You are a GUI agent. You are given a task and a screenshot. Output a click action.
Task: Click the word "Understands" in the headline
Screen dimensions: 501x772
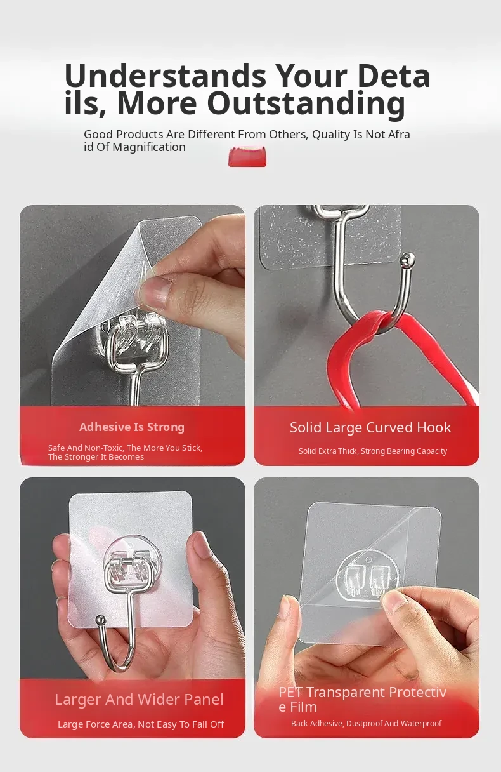pos(166,76)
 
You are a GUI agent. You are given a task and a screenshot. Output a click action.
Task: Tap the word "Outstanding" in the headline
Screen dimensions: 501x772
pos(306,104)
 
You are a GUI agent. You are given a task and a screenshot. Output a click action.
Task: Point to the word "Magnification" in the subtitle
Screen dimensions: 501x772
pos(149,147)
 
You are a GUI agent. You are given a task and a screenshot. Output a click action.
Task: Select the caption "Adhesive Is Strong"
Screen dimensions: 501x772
pos(132,427)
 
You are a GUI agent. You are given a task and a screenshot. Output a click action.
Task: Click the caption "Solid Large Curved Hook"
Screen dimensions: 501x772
pos(370,427)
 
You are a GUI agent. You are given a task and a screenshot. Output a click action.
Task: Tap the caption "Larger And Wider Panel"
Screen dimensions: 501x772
pos(139,700)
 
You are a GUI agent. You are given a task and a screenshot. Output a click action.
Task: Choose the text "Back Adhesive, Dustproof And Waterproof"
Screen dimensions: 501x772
pos(366,723)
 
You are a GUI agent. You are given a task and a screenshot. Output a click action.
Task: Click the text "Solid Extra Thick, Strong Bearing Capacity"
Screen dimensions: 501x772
pos(372,451)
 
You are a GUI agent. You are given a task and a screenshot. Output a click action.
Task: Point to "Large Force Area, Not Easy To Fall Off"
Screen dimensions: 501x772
pos(141,724)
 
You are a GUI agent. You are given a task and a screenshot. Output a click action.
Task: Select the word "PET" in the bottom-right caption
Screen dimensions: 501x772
pos(291,692)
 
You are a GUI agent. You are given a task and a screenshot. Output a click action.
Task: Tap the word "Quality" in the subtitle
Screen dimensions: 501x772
pos(331,135)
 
